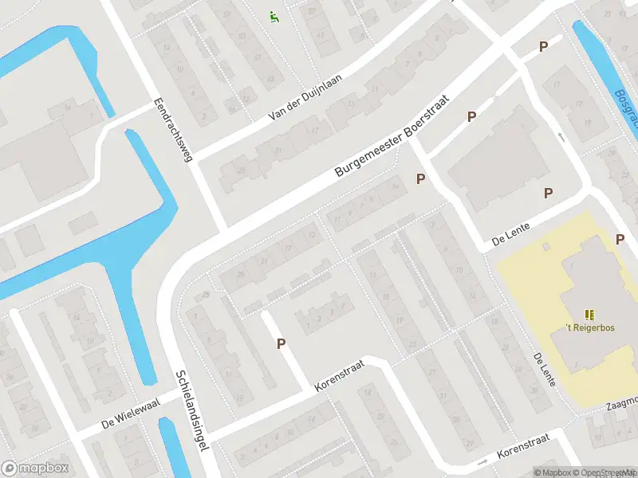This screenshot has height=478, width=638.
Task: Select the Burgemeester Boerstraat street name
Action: pyautogui.click(x=392, y=137)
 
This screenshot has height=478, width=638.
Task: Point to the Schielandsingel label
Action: pyautogui.click(x=191, y=410)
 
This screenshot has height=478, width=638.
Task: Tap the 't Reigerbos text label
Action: pyautogui.click(x=589, y=327)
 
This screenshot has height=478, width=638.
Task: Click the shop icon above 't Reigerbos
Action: pyautogui.click(x=590, y=315)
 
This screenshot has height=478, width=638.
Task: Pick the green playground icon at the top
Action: pyautogui.click(x=274, y=15)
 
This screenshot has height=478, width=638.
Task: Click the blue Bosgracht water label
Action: pyautogui.click(x=627, y=108)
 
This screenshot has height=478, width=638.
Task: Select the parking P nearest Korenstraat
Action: pyautogui.click(x=281, y=343)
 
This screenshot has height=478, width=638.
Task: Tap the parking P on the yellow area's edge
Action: pyautogui.click(x=620, y=239)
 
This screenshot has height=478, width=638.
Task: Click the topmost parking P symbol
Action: pyautogui.click(x=543, y=46)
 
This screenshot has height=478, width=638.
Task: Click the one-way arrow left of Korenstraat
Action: pyautogui.click(x=481, y=461)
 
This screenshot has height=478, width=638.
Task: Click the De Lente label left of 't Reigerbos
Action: pyautogui.click(x=544, y=371)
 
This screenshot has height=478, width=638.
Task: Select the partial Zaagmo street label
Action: pyautogui.click(x=622, y=403)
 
